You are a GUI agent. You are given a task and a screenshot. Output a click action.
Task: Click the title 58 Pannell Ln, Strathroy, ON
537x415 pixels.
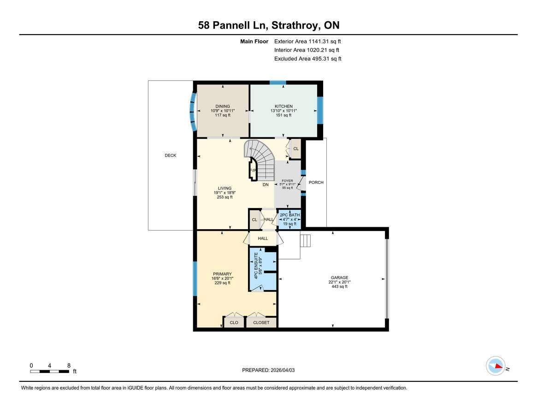click(269, 26)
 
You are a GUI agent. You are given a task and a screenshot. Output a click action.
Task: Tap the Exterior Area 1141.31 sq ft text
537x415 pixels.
click(307, 41)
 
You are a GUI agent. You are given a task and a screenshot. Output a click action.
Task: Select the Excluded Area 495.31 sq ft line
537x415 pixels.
click(307, 59)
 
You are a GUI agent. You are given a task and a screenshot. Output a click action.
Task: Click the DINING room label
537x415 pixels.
click(220, 107)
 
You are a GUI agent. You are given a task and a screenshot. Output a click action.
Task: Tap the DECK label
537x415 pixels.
click(170, 155)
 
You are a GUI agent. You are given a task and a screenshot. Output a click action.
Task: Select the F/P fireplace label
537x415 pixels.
click(253, 171)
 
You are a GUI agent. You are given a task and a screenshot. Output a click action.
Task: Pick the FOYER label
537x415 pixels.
click(287, 181)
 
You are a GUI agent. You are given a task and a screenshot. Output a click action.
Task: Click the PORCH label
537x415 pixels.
click(316, 183)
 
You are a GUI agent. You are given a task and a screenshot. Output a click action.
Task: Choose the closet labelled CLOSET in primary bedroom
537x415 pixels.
click(261, 323)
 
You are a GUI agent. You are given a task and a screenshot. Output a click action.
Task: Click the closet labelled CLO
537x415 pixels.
click(234, 323)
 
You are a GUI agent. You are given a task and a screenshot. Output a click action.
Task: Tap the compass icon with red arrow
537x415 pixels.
click(496, 366)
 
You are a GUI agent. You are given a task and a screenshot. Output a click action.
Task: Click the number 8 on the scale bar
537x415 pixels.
click(69, 365)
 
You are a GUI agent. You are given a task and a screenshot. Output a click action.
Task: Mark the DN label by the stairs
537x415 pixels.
click(266, 184)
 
